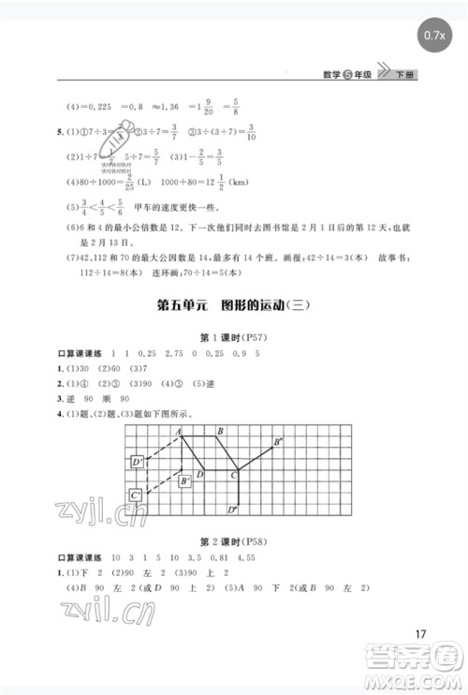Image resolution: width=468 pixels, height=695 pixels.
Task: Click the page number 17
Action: coord(419,632)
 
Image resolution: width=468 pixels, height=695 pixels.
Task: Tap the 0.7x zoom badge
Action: coord(433,35)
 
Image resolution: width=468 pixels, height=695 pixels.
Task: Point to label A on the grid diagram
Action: coord(177,431)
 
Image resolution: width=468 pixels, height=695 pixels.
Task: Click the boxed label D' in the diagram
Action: coord(137,462)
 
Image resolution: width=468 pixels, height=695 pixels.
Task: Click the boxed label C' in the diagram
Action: coord(137,495)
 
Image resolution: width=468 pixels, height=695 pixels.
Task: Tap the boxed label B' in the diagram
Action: coord(185,481)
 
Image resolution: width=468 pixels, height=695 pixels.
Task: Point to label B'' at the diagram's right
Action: coord(278,441)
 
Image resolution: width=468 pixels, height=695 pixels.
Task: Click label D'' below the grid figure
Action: coord(232,510)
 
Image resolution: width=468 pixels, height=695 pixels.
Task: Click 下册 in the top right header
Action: coord(405,74)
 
